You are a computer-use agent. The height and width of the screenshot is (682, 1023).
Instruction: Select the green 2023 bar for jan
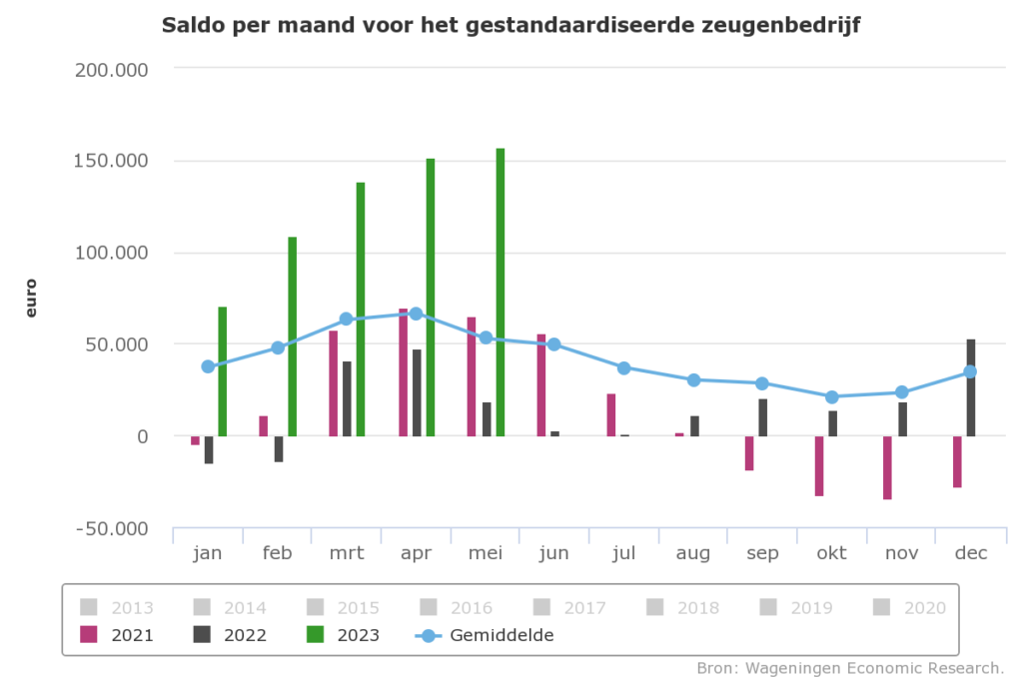(x=222, y=371)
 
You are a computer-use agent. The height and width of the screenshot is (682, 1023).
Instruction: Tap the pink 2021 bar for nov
(x=887, y=467)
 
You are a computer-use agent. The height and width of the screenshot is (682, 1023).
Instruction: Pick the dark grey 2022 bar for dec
(x=970, y=387)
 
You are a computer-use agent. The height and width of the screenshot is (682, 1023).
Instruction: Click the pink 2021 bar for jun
(x=540, y=385)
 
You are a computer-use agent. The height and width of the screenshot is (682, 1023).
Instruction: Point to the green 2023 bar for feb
(x=292, y=337)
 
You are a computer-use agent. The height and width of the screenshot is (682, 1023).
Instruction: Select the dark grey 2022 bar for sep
(x=762, y=417)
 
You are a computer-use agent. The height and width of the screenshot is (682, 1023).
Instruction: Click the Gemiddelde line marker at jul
(x=623, y=367)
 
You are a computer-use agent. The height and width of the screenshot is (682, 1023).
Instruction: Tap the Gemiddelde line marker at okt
(x=831, y=396)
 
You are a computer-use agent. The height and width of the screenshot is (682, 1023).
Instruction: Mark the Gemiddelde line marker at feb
(x=278, y=347)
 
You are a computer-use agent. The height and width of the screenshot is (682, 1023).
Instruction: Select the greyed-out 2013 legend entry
(x=118, y=606)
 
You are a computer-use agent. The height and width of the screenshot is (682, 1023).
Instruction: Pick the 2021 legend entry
(x=118, y=634)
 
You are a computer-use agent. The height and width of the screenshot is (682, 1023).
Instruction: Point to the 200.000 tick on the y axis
(x=112, y=70)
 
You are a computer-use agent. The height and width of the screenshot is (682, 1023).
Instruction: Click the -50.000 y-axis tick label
(x=112, y=528)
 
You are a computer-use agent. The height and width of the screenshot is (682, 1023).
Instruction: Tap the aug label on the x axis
(x=692, y=553)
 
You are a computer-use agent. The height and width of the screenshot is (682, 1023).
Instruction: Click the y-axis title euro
(x=31, y=298)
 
